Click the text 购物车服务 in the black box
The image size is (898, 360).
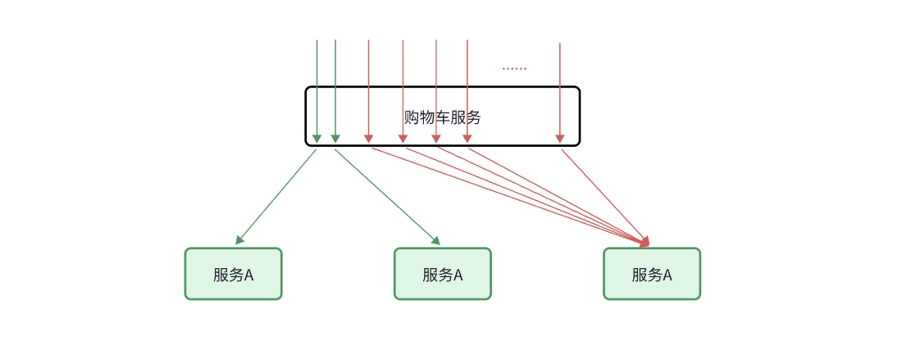442,117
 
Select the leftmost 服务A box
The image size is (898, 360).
233,274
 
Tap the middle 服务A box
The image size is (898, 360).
442,274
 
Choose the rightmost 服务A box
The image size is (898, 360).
652,274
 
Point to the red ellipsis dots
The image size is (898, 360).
514,69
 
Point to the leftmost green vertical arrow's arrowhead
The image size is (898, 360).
317,139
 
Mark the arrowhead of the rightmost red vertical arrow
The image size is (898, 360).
560,139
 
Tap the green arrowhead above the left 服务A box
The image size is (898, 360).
239,240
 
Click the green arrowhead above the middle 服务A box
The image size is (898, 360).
436,241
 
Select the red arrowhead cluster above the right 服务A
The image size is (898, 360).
645,242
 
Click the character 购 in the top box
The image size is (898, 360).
411,117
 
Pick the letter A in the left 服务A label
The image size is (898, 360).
249,275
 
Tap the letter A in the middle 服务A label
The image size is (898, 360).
458,275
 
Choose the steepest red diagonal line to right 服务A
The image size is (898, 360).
603,194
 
